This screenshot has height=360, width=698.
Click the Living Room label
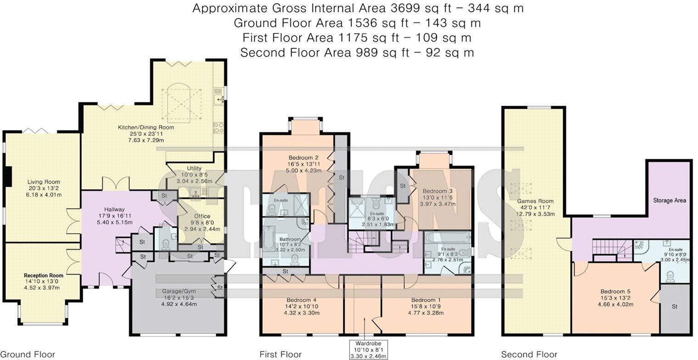click(x=44, y=182)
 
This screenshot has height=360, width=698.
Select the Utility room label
click(x=194, y=168)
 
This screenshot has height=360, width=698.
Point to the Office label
click(x=201, y=216)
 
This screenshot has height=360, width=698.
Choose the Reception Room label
click(x=44, y=276)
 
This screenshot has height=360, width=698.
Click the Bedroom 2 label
click(x=303, y=157)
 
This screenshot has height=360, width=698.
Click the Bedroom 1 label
click(x=427, y=300)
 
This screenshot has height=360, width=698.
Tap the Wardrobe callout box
click(x=369, y=349)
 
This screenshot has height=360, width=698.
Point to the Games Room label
click(x=535, y=201)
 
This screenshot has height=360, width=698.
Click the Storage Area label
click(x=670, y=200)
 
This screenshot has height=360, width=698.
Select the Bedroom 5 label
click(x=615, y=291)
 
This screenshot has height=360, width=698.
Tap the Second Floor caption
click(x=529, y=354)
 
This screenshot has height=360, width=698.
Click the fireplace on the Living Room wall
click(x=7, y=176)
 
